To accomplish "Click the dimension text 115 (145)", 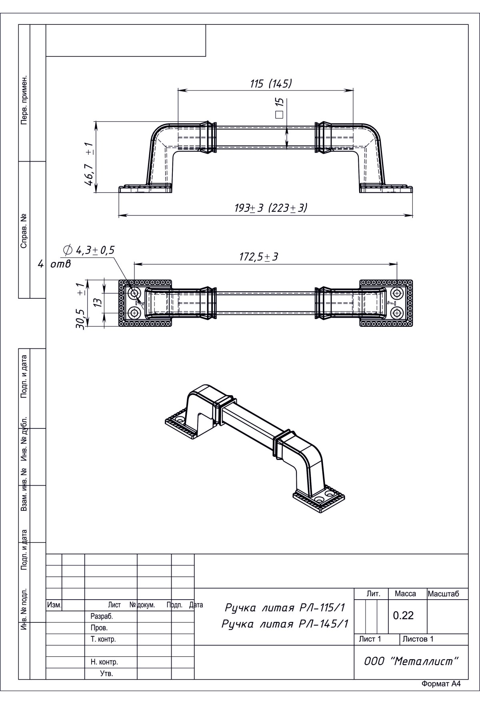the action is click(271, 84).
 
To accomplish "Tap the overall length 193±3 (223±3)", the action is click(271, 208).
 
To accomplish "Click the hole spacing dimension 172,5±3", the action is click(259, 257).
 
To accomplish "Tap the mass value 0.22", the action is click(403, 616).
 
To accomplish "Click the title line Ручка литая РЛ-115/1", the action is click(285, 608).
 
